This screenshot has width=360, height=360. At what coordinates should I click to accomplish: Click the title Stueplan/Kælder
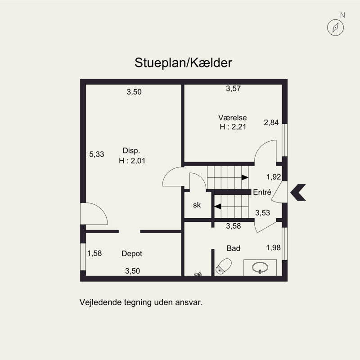pos(183,63)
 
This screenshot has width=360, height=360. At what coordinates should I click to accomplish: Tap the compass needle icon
pos(335,27)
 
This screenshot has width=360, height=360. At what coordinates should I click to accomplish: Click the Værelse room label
pos(232,117)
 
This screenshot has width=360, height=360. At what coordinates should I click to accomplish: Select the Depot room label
pos(132,253)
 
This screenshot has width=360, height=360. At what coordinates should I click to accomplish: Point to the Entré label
pos(262,192)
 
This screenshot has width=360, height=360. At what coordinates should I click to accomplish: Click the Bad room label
pos(233,248)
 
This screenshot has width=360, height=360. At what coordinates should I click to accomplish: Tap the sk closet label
pos(197,205)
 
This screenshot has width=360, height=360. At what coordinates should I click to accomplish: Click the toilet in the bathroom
pos(224,266)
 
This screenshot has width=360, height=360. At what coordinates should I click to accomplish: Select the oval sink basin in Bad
pos(260,267)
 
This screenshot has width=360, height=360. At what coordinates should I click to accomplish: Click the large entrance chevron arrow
pos(298,193)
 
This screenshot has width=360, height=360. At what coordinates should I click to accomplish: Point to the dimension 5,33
pos(96,154)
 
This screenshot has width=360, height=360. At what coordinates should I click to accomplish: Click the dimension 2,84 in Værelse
pos(271,122)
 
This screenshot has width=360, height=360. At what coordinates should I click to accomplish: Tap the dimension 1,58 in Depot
pos(94,253)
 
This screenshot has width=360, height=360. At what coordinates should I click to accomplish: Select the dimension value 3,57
pos(233,88)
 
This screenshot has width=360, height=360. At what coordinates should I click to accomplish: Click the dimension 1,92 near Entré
pos(274,177)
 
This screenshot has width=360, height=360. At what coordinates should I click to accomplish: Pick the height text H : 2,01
pos(132,161)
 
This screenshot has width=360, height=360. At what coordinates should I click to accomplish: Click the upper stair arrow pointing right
pos(245,177)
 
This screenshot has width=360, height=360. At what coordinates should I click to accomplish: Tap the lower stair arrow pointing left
pos(218,207)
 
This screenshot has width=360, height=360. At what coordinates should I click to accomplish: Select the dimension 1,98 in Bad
pos(273,247)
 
